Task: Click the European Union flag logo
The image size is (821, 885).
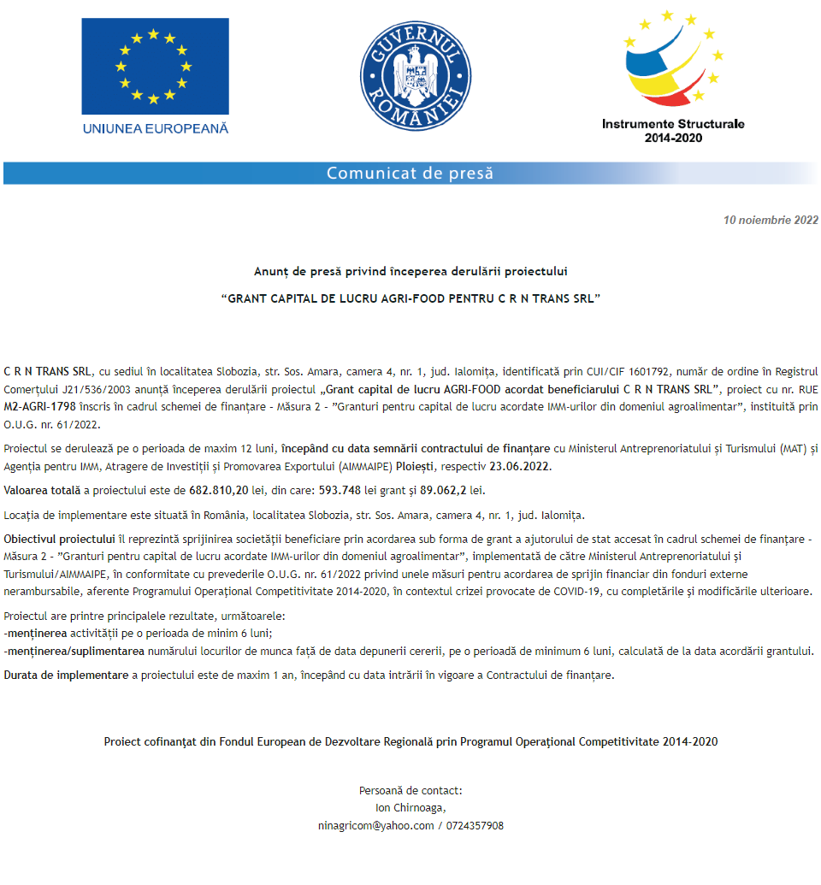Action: click(x=155, y=65)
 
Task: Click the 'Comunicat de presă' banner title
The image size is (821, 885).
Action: click(x=410, y=174)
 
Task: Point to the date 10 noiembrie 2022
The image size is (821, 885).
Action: click(x=771, y=220)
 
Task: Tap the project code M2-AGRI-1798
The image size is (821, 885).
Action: click(x=39, y=407)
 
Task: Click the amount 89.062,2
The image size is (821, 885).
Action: click(x=446, y=491)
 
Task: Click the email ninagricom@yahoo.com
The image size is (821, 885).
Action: click(x=375, y=826)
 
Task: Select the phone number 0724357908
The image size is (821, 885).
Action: click(x=475, y=826)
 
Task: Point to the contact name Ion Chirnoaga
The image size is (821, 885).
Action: click(x=410, y=807)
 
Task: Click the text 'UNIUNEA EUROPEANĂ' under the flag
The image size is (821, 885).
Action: click(x=156, y=128)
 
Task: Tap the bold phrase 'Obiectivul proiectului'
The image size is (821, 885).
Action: click(x=59, y=540)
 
